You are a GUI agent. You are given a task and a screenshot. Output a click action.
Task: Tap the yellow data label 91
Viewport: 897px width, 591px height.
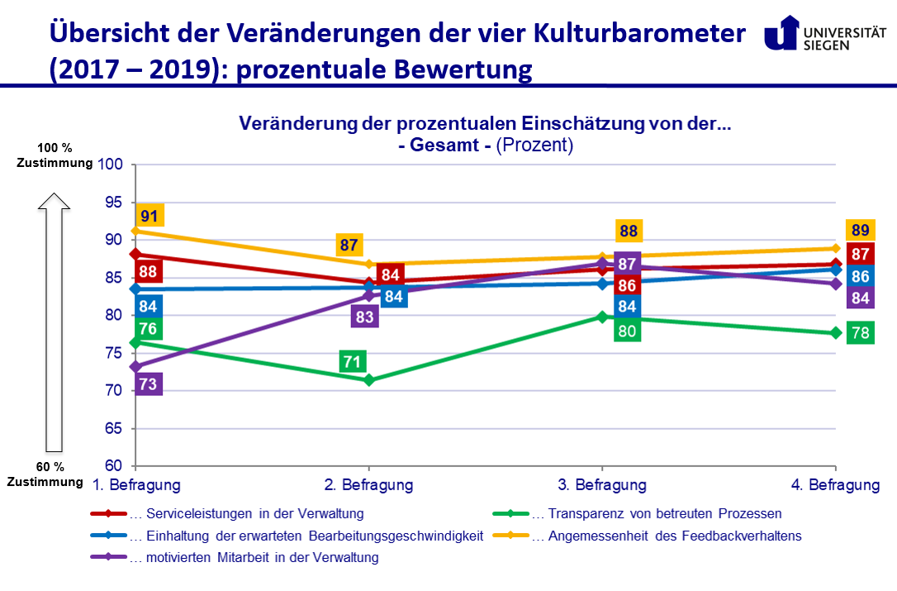pos(149,217)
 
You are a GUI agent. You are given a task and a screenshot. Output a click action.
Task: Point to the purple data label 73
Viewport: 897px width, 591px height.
pos(149,384)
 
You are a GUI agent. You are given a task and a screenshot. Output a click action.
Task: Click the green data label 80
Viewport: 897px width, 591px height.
pos(627,331)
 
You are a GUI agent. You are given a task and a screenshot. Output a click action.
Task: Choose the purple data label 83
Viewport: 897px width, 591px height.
pos(365,316)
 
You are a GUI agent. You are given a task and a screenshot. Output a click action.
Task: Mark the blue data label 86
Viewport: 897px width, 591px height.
pos(860,277)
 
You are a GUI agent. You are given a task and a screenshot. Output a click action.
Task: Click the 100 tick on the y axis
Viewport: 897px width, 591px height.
pos(111,164)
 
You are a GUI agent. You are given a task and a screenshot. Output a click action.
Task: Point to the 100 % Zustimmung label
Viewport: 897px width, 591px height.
pos(55,155)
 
